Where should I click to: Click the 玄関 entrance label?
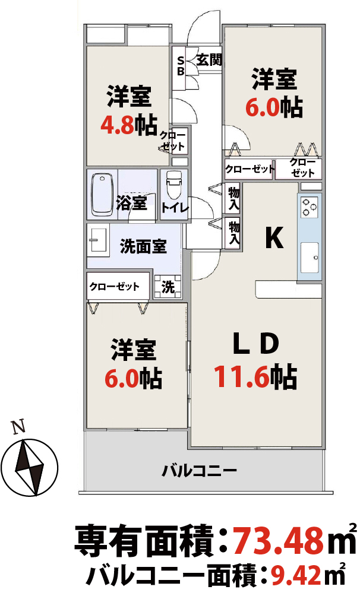[209, 60]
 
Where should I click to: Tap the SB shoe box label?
[181, 66]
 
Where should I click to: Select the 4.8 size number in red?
[118, 125]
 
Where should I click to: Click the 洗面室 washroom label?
[143, 247]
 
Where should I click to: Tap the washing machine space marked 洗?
[168, 287]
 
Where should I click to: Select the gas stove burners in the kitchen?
[309, 207]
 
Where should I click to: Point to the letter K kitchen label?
[274, 238]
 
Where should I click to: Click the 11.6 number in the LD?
[241, 377]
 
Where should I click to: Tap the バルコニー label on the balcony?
[200, 471]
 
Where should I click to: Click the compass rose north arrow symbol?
[29, 468]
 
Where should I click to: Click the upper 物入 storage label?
[233, 199]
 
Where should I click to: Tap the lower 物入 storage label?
[234, 233]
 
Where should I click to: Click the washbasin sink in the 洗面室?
[98, 240]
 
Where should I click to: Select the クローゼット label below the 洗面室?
[115, 286]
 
